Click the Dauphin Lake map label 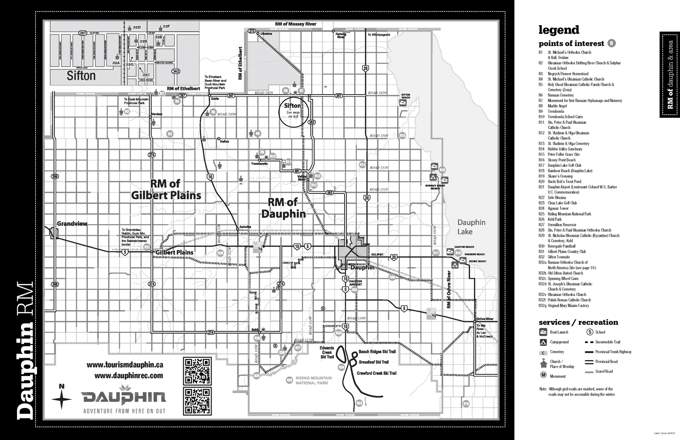point(471,227)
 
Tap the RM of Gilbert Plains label point(166,190)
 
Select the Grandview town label point(72,224)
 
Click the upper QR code point(197,371)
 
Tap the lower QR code point(197,401)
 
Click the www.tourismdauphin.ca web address point(125,365)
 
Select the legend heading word point(558,30)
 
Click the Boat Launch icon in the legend point(543,332)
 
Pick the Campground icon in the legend point(543,342)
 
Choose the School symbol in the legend point(590,332)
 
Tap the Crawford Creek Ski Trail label point(377,373)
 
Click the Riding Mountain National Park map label point(313,381)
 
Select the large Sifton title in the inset point(81,75)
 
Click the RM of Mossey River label point(295,24)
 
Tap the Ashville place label point(245,227)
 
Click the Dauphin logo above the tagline point(123,397)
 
